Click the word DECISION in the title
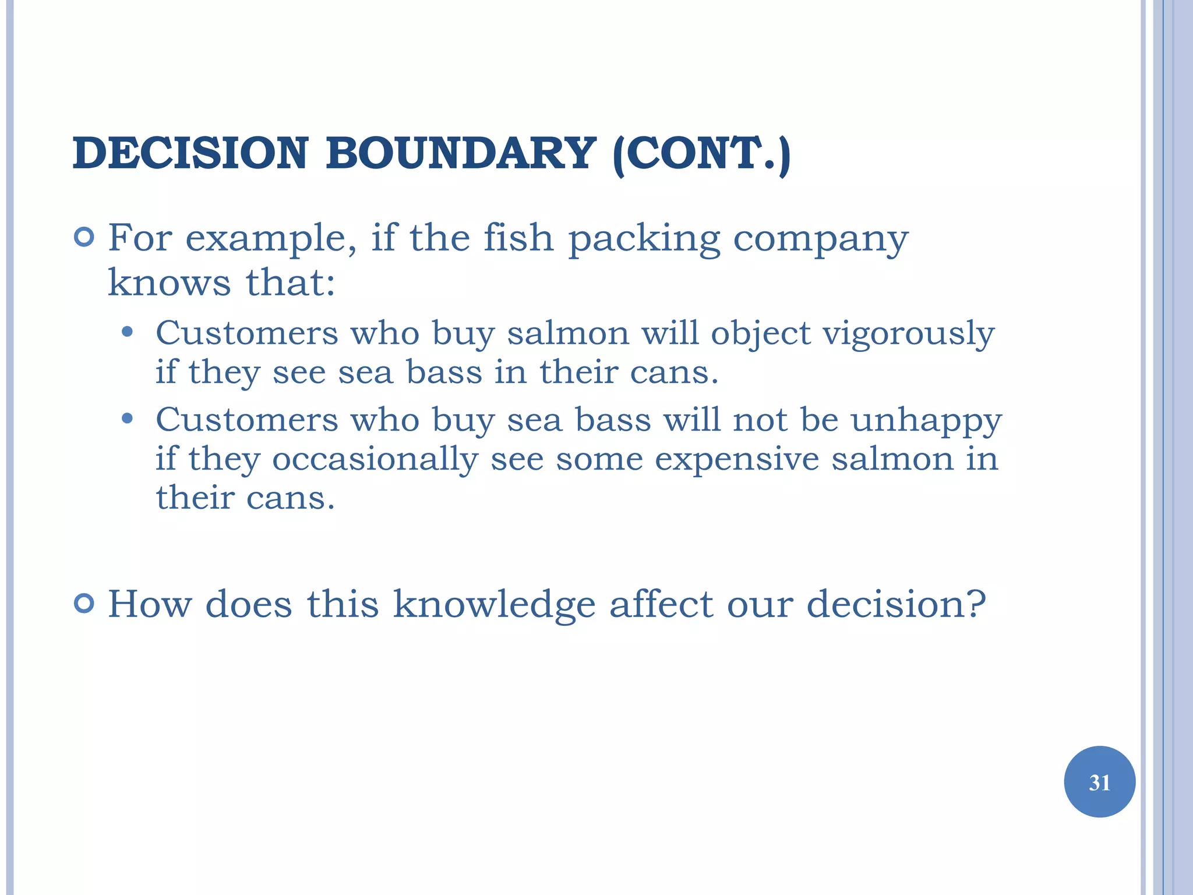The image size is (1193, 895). tap(190, 154)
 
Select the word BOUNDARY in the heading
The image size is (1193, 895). tap(461, 154)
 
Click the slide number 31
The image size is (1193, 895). tap(1099, 782)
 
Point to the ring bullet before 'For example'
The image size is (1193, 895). tap(84, 237)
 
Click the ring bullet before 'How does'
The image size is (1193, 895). tap(84, 604)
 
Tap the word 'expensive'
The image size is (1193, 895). tap(736, 459)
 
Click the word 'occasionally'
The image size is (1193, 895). tap(375, 460)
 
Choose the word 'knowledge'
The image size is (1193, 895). tap(494, 605)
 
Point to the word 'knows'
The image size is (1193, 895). tap(170, 283)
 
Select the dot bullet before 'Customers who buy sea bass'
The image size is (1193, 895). tap(127, 419)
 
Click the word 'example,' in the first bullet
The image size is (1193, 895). tap(271, 239)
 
